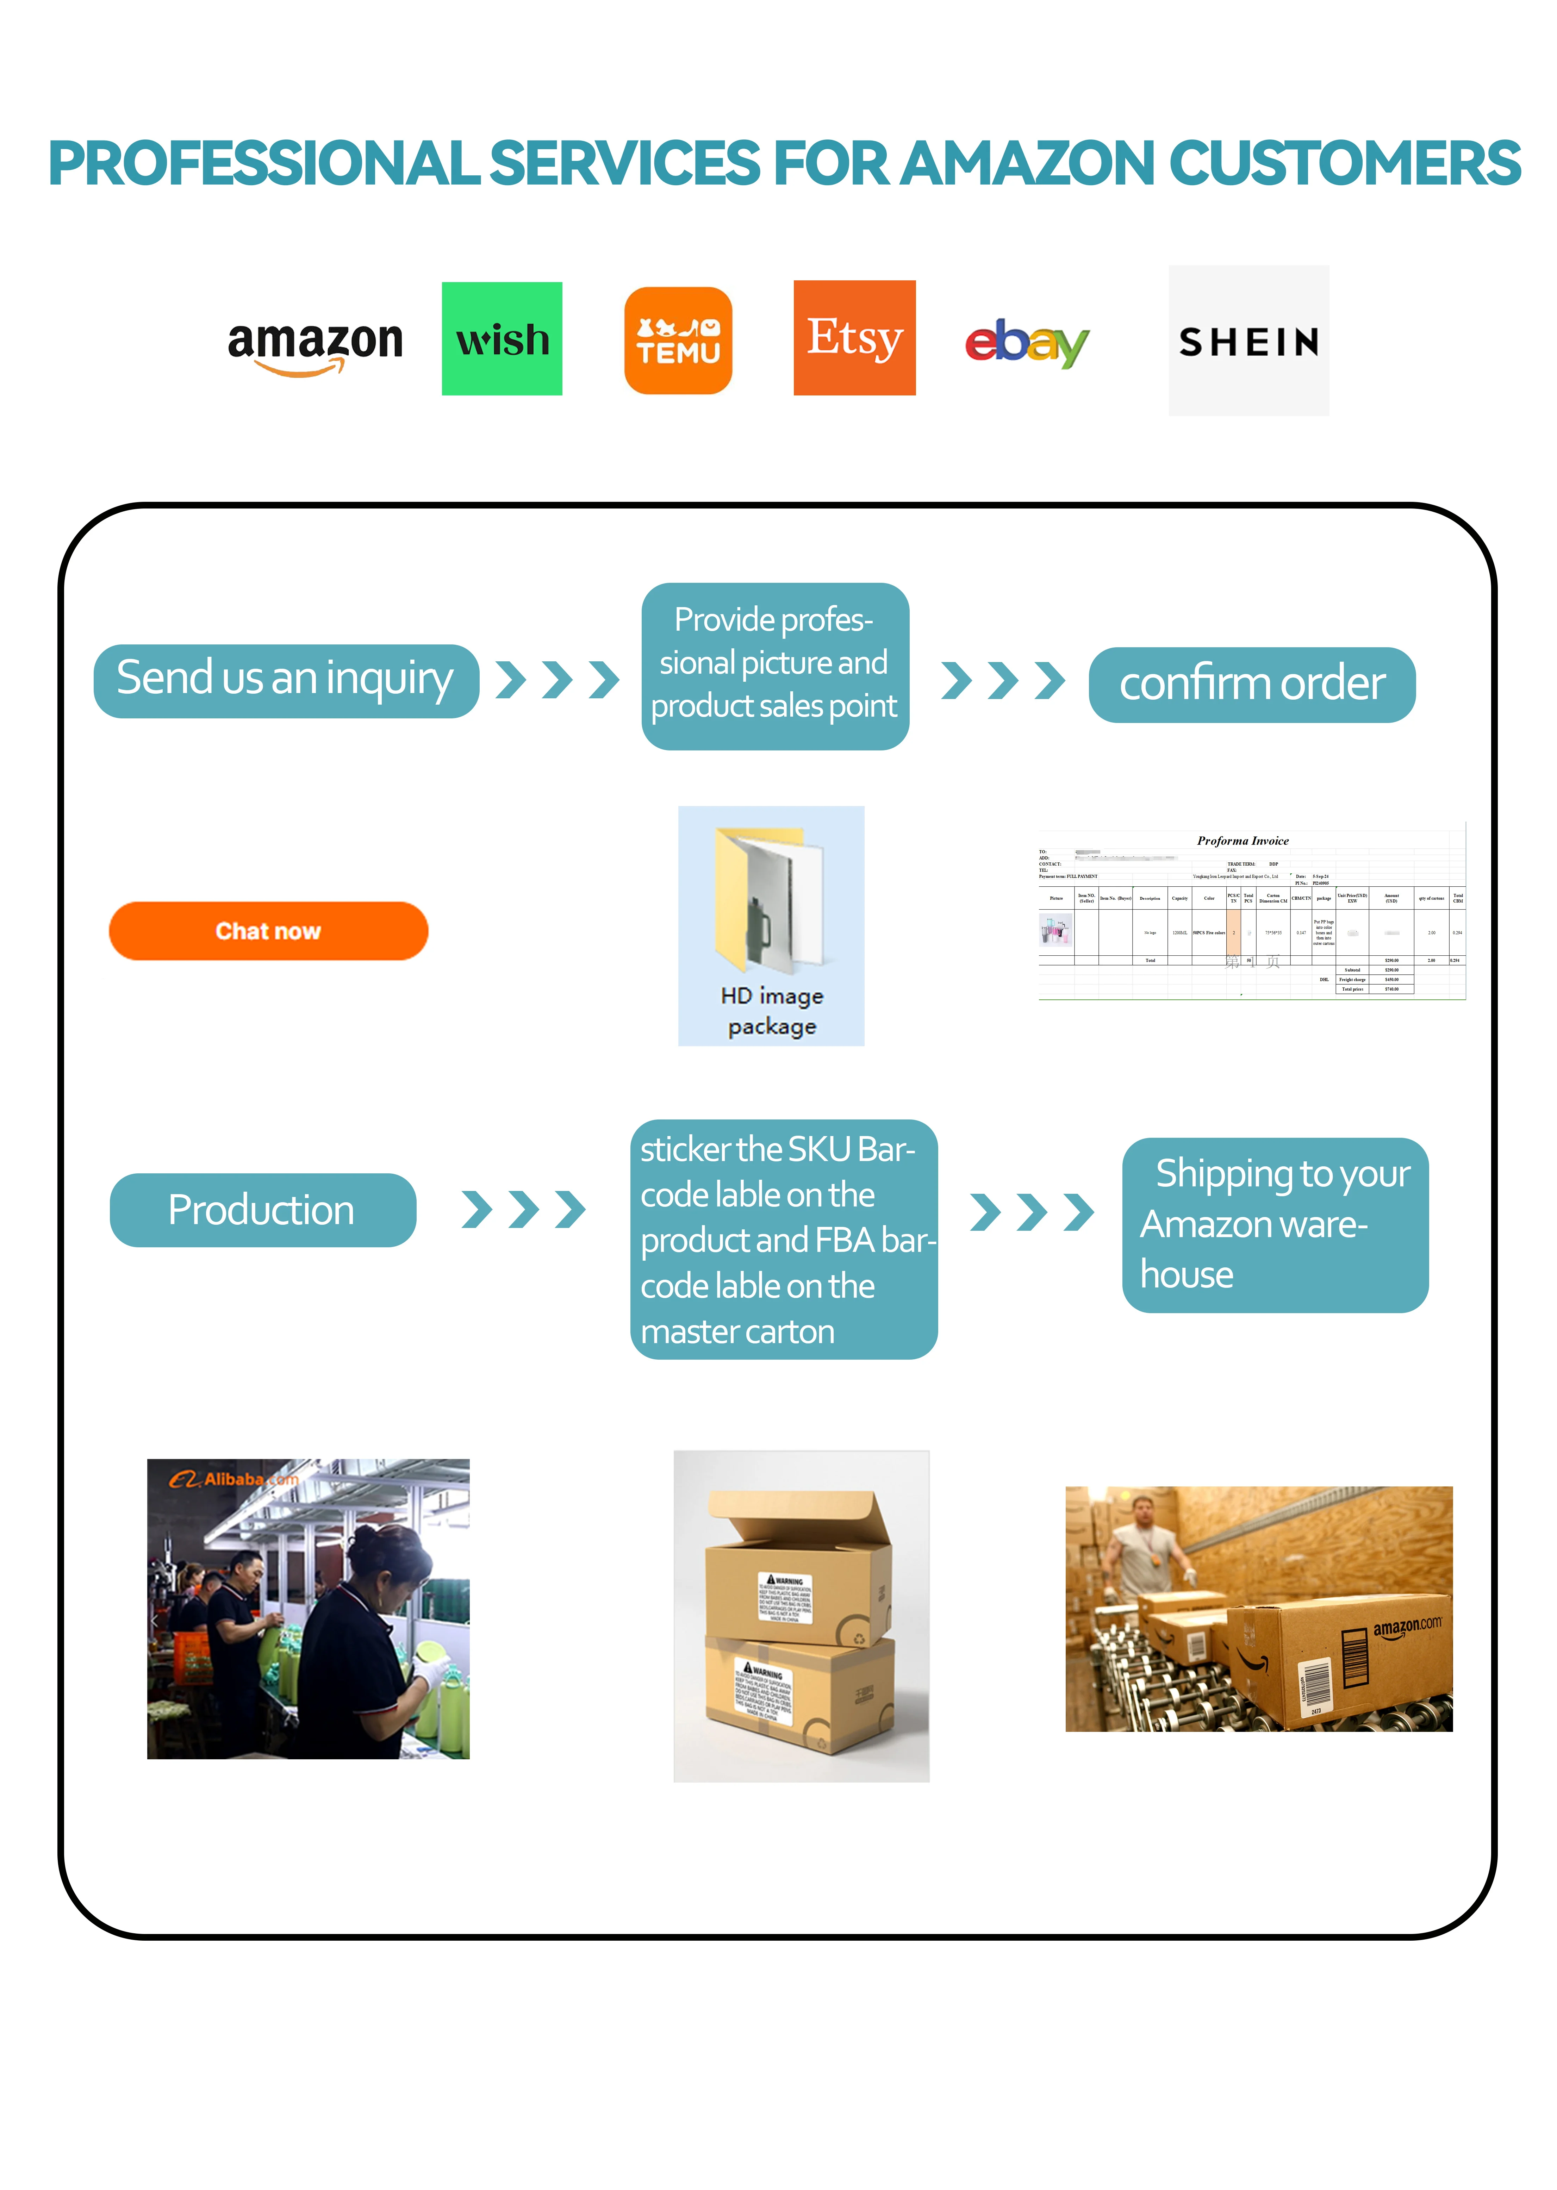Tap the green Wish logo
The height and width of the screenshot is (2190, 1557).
point(502,338)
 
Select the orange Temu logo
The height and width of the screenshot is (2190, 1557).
point(678,340)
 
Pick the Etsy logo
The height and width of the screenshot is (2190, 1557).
point(854,337)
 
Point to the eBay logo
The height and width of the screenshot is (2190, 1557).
point(1027,342)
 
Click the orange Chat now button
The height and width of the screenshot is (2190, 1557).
point(268,931)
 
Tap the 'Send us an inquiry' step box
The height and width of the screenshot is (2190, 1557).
point(286,680)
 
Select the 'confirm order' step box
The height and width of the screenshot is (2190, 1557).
point(1251,684)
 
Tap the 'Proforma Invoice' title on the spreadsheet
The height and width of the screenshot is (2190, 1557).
point(1243,841)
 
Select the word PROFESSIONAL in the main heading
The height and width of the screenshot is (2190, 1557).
point(264,163)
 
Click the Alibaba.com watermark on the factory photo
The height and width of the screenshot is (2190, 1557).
point(235,1479)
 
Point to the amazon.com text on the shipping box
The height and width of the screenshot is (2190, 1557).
point(1407,1627)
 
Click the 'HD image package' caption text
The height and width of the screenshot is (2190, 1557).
point(772,1011)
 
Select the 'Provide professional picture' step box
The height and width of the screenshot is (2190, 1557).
point(775,665)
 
